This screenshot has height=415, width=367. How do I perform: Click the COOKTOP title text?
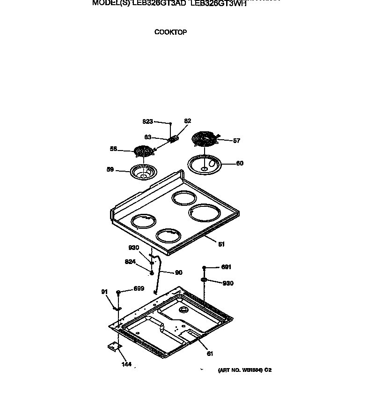pos(170,32)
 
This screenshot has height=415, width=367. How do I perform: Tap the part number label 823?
pos(147,121)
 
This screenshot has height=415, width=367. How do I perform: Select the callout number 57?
pos(236,141)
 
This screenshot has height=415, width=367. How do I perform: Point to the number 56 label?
pos(113,149)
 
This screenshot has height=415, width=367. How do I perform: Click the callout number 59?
pos(110,169)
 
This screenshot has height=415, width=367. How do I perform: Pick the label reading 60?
pos(240,164)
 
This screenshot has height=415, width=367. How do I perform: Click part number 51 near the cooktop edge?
pos(221,244)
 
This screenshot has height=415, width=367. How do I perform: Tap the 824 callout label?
pos(131,262)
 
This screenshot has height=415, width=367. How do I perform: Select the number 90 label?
pos(178,272)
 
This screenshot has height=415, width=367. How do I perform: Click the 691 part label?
pos(226,267)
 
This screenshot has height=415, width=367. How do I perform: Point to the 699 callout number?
pos(139,289)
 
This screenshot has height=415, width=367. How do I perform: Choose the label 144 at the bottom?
pos(127,364)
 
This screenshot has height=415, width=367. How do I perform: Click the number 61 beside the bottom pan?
pos(210,354)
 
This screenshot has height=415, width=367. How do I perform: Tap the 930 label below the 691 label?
pos(228,283)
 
